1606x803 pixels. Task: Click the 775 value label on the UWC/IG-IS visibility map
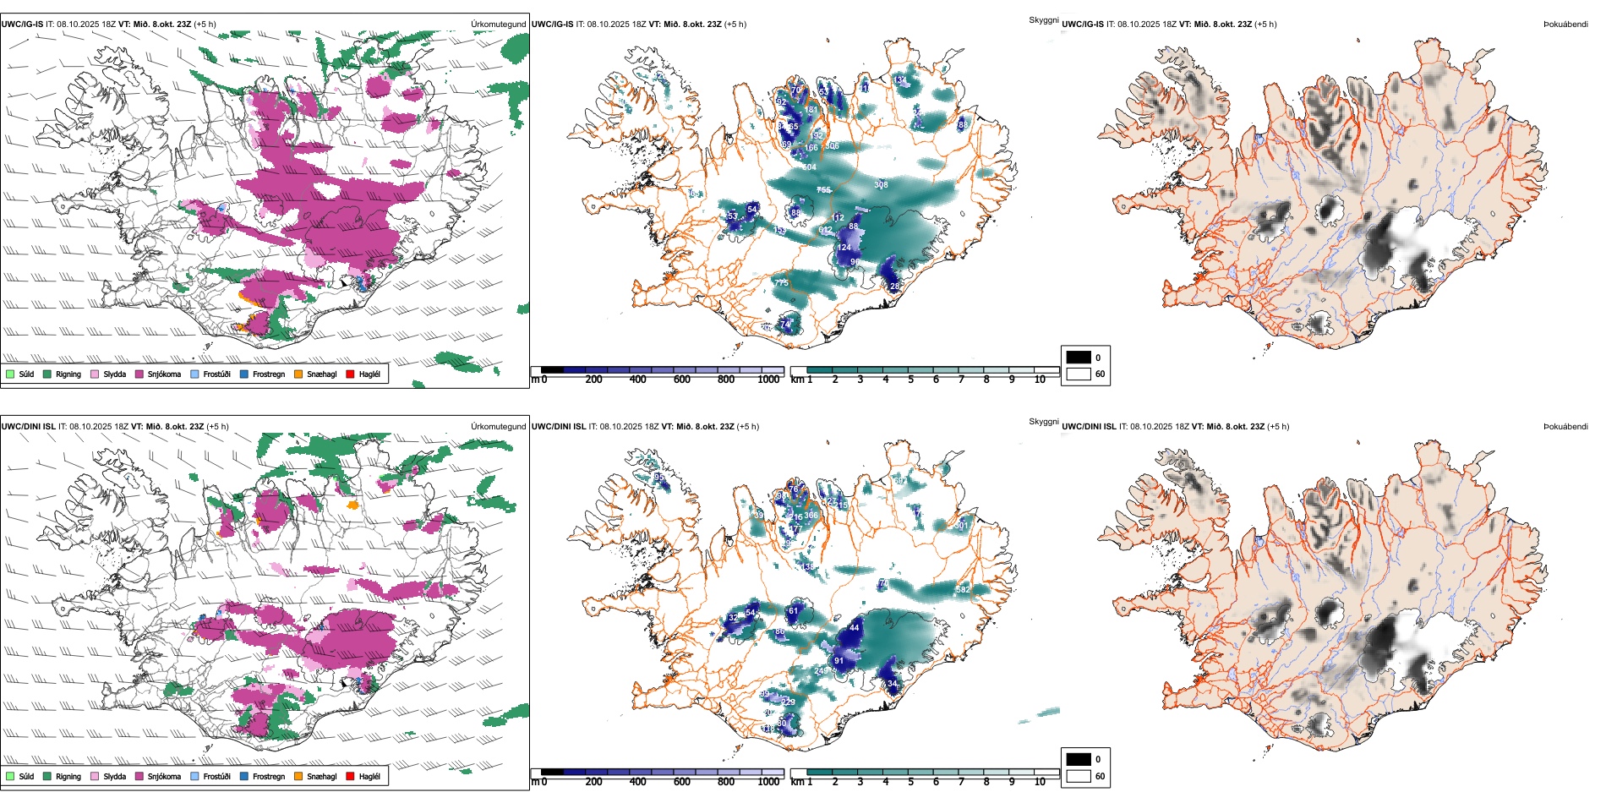coord(781,282)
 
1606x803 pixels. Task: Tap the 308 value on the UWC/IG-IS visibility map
coord(881,185)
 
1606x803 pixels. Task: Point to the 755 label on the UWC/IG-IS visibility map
coord(823,190)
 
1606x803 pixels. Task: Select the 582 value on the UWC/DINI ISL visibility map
coord(962,589)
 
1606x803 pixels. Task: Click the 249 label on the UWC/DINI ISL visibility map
coord(821,670)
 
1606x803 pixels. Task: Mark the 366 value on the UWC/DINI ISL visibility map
coord(811,515)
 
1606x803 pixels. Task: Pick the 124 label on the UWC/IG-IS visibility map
coord(844,248)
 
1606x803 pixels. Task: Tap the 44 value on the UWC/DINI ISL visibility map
coord(855,628)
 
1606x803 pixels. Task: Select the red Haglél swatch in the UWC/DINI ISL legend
coord(350,776)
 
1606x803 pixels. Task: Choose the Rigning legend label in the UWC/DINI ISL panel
coord(68,776)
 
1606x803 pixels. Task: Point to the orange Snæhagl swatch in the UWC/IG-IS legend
coord(298,374)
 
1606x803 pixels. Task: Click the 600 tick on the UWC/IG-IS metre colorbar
coord(682,380)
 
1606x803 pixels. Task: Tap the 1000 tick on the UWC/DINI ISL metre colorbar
coord(768,782)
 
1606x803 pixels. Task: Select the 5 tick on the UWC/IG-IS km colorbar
coord(910,380)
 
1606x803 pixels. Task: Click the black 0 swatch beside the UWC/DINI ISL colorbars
coord(1079,759)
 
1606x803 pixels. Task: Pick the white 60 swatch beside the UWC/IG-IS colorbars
coord(1079,374)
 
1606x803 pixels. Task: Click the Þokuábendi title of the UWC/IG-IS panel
coord(1565,25)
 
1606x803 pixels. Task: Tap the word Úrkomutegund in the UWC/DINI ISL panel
coord(498,427)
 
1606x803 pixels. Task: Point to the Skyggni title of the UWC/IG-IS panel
coord(1043,19)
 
